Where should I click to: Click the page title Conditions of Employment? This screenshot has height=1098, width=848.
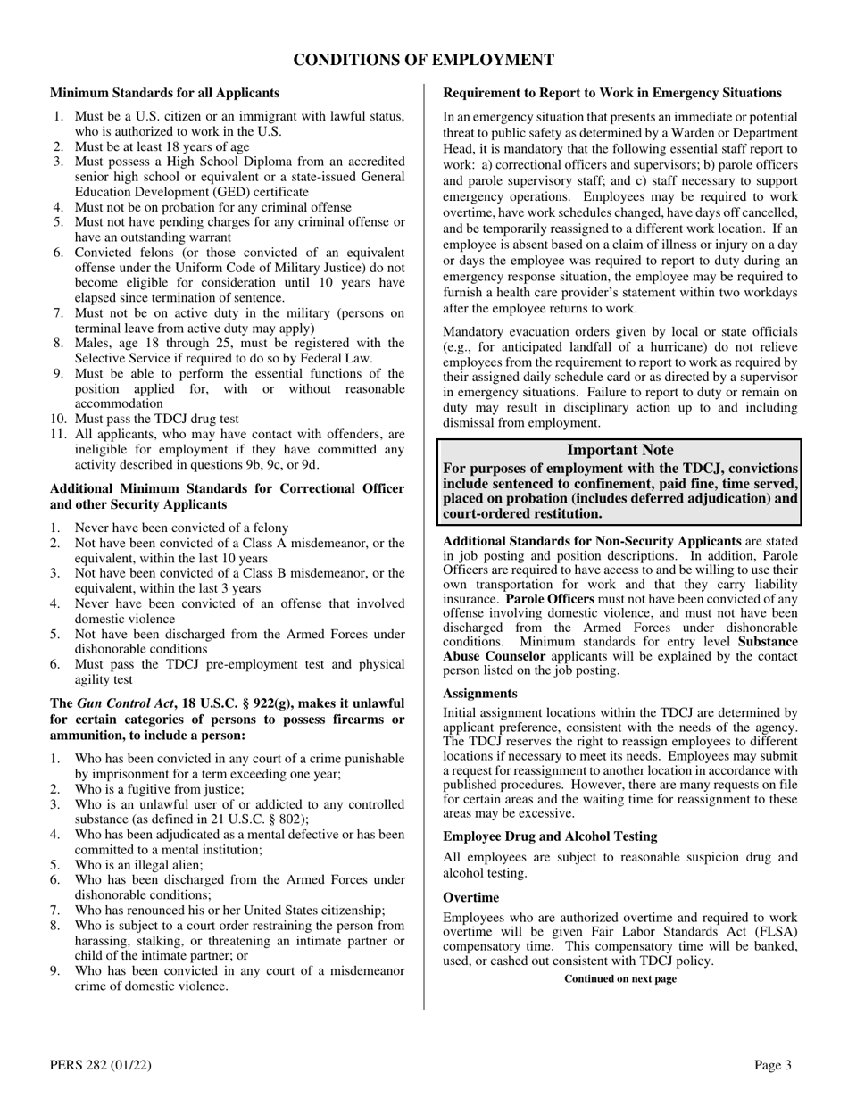point(424,60)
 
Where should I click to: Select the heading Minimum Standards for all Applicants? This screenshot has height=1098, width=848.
point(164,93)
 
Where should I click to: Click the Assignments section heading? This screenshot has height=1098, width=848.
point(480,693)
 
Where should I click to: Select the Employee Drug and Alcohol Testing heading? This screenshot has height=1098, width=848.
point(550,836)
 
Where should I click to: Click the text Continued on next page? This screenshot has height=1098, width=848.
point(620,979)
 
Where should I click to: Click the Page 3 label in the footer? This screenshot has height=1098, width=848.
point(773,1064)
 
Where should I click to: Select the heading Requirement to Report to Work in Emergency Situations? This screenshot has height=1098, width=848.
point(612,93)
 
